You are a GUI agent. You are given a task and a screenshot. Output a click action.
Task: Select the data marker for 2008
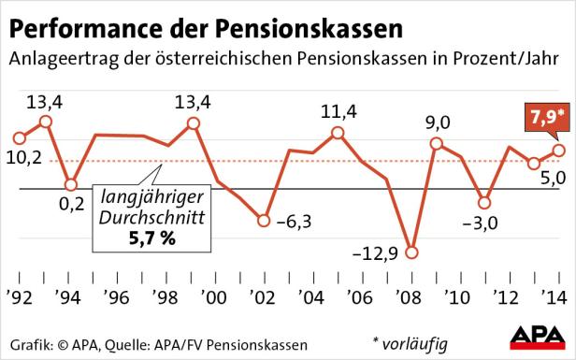[411, 253]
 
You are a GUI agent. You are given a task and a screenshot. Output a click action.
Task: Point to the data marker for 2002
[263, 222]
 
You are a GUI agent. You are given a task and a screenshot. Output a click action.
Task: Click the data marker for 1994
[70, 184]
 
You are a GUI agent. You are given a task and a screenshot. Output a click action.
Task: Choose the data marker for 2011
[484, 202]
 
